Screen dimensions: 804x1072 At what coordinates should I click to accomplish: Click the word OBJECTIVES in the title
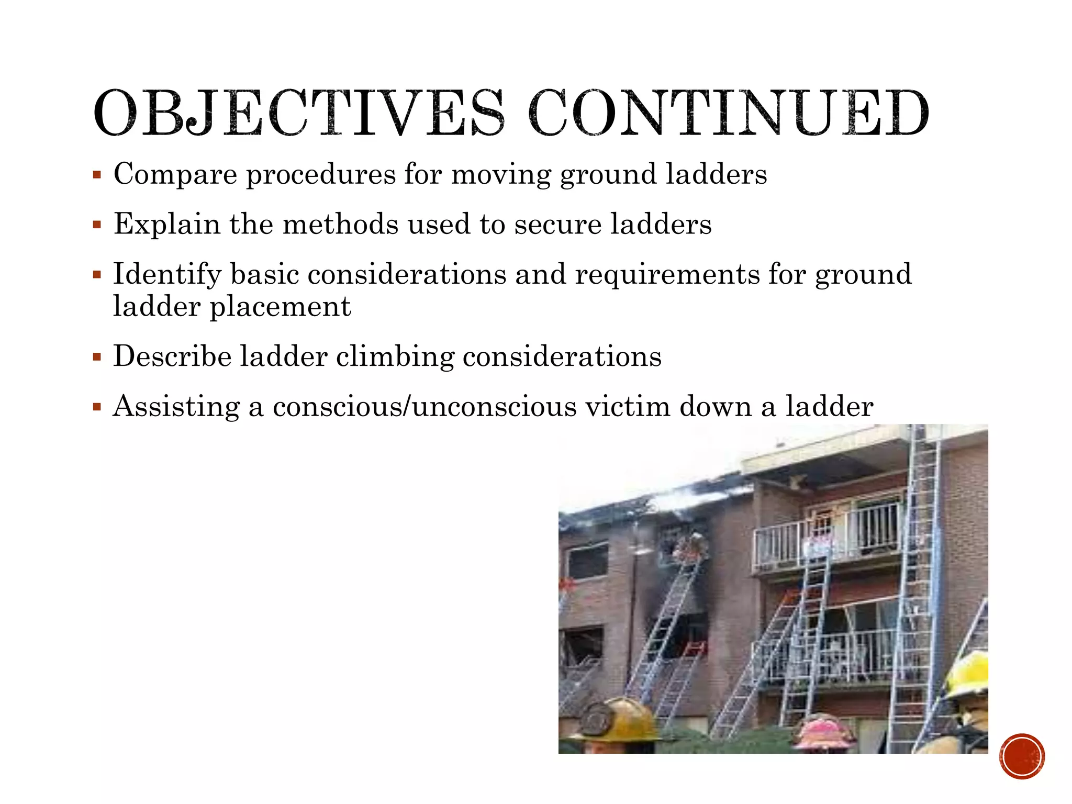click(299, 113)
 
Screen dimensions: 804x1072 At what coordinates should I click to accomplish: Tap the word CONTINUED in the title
click(729, 113)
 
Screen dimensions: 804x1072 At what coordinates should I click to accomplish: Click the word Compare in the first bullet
click(175, 174)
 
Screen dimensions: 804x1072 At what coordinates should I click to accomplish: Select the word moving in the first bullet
click(501, 174)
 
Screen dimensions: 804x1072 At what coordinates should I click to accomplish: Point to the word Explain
click(167, 224)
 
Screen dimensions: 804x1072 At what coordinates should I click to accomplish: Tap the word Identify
click(167, 275)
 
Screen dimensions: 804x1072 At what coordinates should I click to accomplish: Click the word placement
click(280, 307)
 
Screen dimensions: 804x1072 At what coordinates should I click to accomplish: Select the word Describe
click(172, 356)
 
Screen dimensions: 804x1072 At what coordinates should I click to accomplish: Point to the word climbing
click(395, 358)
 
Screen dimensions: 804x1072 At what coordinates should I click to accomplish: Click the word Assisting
click(176, 407)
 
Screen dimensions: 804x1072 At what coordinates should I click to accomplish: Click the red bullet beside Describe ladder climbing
click(97, 358)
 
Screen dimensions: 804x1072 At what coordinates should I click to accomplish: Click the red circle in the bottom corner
click(1022, 756)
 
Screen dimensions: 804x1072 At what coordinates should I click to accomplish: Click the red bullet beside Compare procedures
click(97, 175)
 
